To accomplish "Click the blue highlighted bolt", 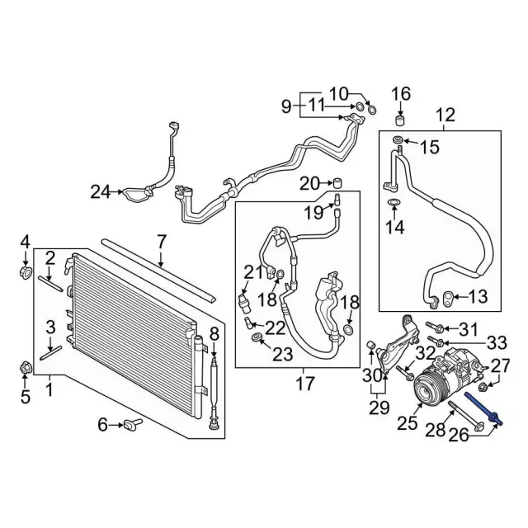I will (483, 409).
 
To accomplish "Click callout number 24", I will (101, 192).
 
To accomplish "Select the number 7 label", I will (161, 242).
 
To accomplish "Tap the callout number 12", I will (445, 115).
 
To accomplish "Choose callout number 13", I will (478, 296).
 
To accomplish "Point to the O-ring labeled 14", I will (394, 201).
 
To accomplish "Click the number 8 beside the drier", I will (213, 333).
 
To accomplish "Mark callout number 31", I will (468, 330).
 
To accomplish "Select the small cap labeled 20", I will (338, 182).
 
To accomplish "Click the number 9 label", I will (286, 106).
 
